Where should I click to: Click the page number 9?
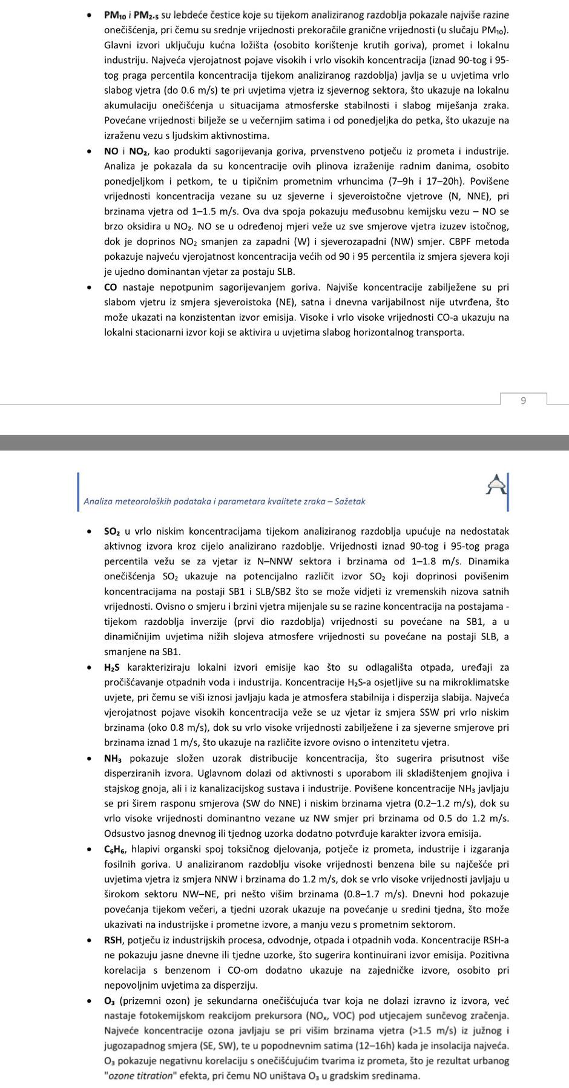[523, 400]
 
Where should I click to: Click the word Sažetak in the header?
[349, 501]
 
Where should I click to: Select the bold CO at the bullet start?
[111, 287]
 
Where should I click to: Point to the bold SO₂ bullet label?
[112, 532]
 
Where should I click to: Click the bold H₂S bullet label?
[112, 667]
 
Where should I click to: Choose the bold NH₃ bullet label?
[113, 758]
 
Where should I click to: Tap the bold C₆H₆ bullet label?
[116, 849]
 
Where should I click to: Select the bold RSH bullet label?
[113, 940]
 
